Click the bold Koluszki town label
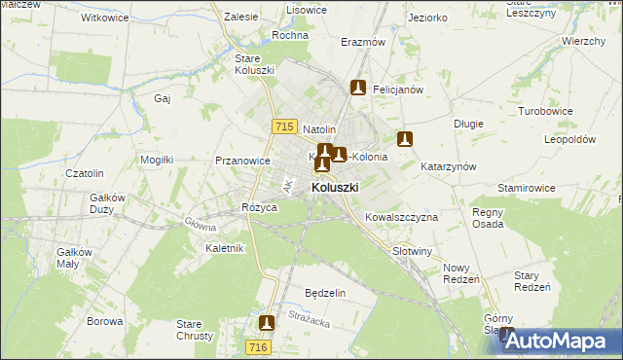pyautogui.click(x=335, y=187)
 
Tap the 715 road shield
pyautogui.click(x=284, y=126)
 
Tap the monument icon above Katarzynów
pyautogui.click(x=405, y=140)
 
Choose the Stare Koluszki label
pyautogui.click(x=254, y=64)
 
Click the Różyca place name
pyautogui.click(x=261, y=207)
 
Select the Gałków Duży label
pyautogui.click(x=108, y=202)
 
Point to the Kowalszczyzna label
pyautogui.click(x=401, y=217)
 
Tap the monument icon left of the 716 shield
pyautogui.click(x=267, y=322)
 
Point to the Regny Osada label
pyautogui.click(x=488, y=218)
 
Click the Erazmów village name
pyautogui.click(x=364, y=43)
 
